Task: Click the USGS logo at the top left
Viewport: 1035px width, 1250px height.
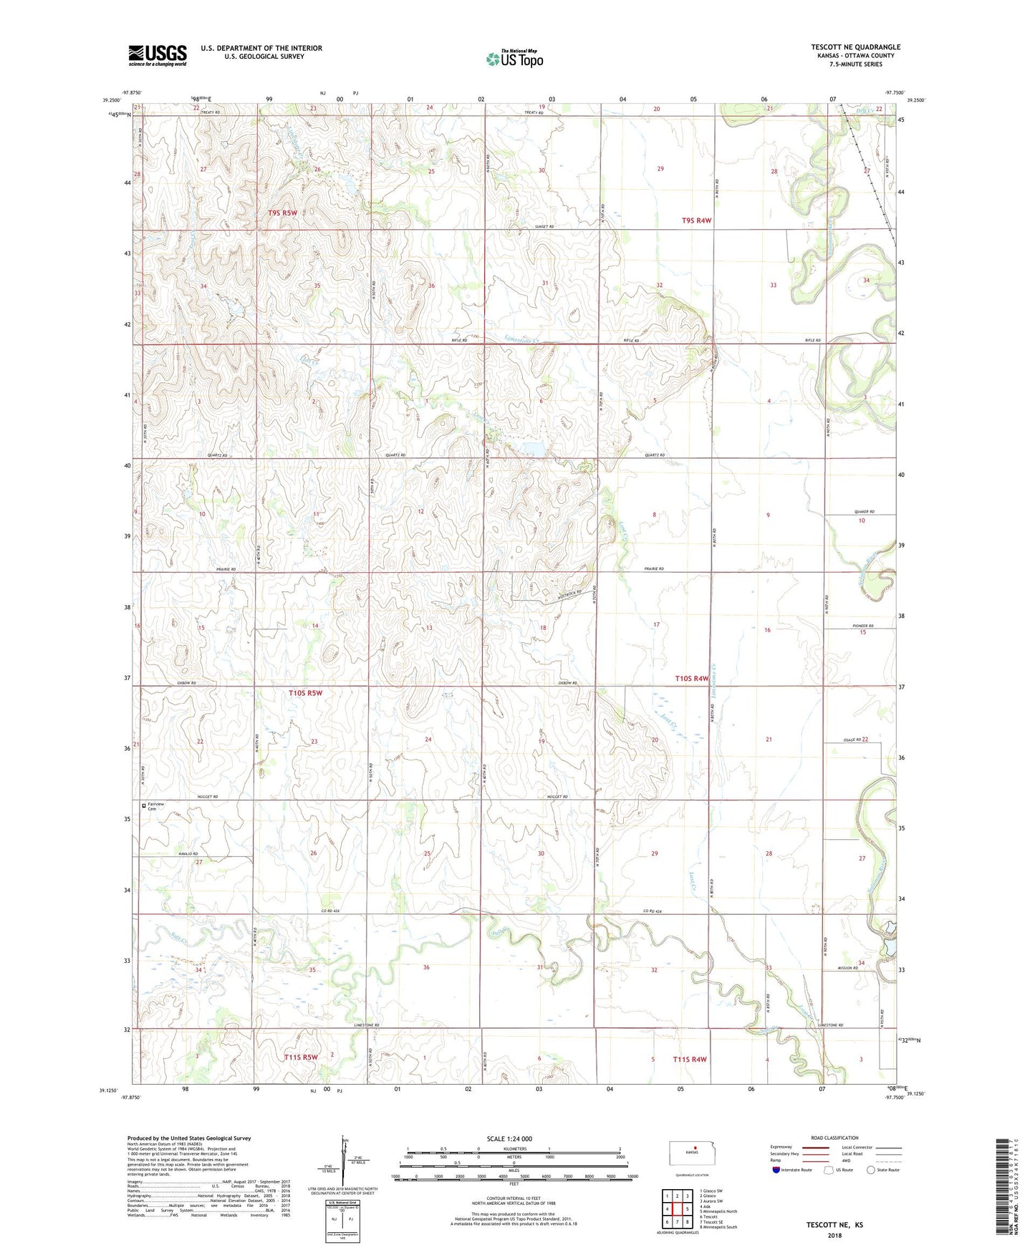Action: point(158,55)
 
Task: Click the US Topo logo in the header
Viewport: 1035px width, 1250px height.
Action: point(514,59)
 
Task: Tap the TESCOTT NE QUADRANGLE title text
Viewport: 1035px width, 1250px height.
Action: point(855,47)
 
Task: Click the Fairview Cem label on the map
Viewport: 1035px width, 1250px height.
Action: point(155,806)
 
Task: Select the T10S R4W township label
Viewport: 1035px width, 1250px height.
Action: point(691,678)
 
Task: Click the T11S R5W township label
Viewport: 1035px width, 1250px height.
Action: point(300,1057)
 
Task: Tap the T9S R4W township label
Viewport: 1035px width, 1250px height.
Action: point(696,221)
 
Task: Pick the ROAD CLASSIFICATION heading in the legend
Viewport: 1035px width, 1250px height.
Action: point(834,1138)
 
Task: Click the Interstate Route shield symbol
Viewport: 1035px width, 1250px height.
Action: point(776,1170)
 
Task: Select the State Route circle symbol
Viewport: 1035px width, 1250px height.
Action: point(871,1170)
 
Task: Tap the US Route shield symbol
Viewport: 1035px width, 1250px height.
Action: point(829,1170)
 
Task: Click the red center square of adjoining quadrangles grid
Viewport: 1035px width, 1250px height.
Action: point(677,1209)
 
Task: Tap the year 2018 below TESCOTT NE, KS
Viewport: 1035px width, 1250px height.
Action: point(834,1235)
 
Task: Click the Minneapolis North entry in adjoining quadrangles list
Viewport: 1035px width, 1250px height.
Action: point(719,1211)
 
